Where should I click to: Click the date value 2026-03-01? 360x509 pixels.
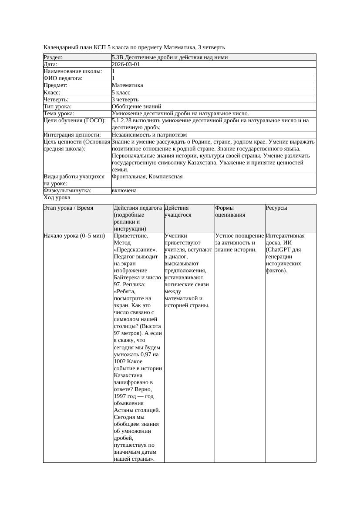pyautogui.click(x=126, y=64)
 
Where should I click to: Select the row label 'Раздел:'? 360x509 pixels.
pyautogui.click(x=53, y=57)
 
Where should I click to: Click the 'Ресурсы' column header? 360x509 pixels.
pyautogui.click(x=276, y=208)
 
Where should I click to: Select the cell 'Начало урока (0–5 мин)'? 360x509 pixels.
pyautogui.click(x=74, y=236)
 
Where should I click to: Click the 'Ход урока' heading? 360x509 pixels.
pyautogui.click(x=57, y=198)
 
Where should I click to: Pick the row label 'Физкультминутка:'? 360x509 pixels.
pyautogui.click(x=67, y=191)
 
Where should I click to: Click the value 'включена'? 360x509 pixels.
pyautogui.click(x=124, y=191)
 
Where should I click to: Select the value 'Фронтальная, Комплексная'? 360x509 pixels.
pyautogui.click(x=147, y=177)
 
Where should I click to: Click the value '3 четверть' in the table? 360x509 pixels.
pyautogui.click(x=125, y=100)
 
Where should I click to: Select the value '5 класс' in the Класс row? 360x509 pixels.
pyautogui.click(x=121, y=93)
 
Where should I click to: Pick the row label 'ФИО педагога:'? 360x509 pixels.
pyautogui.click(x=63, y=78)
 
